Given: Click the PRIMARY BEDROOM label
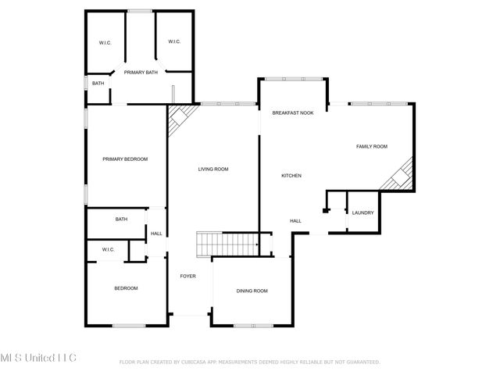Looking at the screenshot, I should click(x=125, y=159).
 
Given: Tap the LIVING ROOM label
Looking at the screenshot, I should click(x=212, y=169).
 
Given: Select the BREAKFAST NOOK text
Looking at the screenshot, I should click(x=292, y=113).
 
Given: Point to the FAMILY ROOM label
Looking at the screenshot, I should click(x=372, y=147).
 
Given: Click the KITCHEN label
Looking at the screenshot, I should click(x=291, y=176).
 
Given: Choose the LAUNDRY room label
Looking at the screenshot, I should click(x=363, y=212).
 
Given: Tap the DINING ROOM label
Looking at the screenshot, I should click(x=252, y=291).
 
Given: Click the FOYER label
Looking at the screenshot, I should click(x=187, y=276).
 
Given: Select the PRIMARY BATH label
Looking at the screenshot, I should click(x=140, y=72).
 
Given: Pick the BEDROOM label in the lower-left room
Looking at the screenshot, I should click(x=126, y=288).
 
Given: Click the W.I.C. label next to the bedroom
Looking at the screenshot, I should click(x=108, y=249).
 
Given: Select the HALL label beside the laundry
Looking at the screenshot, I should click(x=295, y=221).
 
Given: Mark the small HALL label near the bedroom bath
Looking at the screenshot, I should click(x=156, y=234).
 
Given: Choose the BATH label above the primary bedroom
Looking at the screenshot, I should click(x=98, y=84).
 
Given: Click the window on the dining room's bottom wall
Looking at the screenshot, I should click(x=252, y=325).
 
